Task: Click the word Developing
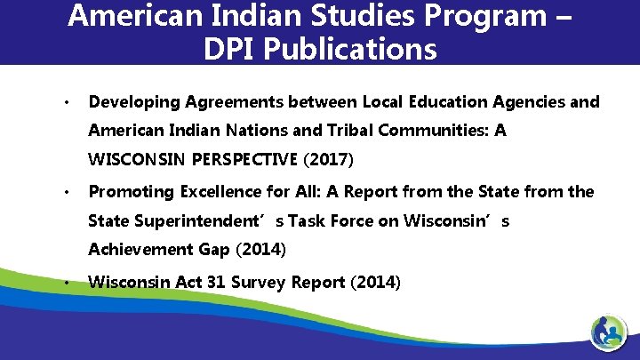(131, 102)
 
